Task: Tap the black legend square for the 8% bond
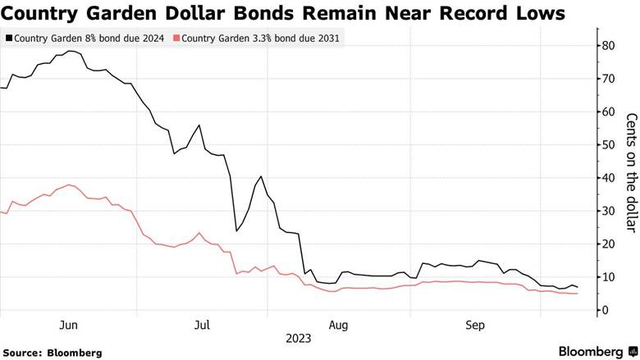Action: [x=9, y=38]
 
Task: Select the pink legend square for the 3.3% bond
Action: [x=176, y=38]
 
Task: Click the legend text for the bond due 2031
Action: [x=262, y=38]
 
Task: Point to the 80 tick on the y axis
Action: [x=609, y=46]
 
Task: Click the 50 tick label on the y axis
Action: [x=609, y=145]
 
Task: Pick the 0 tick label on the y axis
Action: [x=606, y=311]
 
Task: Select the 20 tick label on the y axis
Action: [x=609, y=244]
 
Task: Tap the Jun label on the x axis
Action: [x=70, y=326]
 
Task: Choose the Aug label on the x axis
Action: [x=337, y=326]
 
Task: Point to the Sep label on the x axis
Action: [x=476, y=326]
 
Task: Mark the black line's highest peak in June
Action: [x=71, y=51]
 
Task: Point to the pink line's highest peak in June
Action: [x=69, y=185]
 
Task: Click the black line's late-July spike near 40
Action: [x=261, y=176]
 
